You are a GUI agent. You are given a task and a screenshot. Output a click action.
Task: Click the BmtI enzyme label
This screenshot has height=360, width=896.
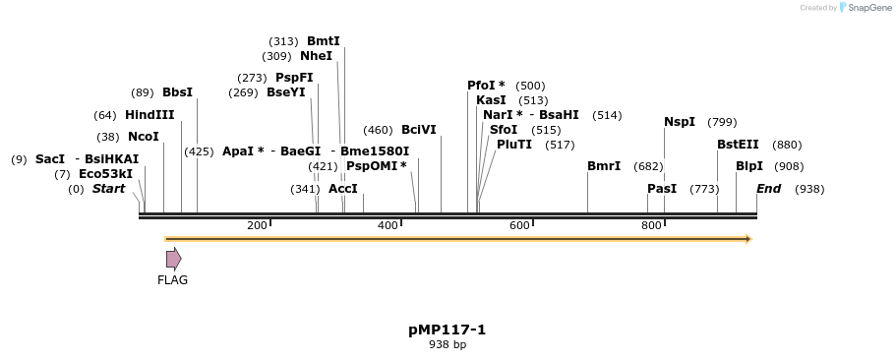323,41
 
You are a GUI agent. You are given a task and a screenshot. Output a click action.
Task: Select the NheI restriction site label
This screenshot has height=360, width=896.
316,56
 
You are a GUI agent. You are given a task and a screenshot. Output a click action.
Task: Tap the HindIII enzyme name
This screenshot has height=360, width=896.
149,115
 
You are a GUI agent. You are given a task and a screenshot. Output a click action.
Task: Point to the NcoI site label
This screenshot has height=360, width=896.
143,137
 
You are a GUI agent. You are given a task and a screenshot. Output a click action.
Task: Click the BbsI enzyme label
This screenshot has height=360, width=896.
177,92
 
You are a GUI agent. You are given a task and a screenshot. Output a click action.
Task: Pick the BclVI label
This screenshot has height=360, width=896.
418,130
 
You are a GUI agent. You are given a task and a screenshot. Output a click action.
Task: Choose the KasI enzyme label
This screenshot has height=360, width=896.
491,100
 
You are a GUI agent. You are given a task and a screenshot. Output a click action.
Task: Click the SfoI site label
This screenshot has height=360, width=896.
503,130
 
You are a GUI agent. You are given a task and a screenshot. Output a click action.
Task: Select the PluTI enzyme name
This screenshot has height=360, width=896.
514,145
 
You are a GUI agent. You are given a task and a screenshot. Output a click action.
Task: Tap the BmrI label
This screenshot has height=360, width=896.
604,166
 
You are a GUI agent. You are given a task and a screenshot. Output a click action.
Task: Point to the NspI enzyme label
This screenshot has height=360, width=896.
680,122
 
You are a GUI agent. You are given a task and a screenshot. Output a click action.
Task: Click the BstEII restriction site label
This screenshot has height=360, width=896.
738,145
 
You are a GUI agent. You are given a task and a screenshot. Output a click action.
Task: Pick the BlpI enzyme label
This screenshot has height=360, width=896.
749,166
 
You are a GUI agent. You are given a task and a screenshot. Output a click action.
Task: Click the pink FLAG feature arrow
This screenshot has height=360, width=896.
173,259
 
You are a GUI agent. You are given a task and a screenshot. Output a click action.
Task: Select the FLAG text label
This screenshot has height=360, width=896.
172,280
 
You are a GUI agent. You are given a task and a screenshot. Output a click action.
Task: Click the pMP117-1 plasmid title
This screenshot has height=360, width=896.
448,330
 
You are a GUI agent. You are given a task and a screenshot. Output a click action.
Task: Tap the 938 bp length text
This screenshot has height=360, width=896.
448,344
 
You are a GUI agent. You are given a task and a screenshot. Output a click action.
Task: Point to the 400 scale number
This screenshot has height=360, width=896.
388,225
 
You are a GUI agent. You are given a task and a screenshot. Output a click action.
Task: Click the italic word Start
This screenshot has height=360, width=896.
108,189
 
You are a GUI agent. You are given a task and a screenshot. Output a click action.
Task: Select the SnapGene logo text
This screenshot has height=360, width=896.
867,8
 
